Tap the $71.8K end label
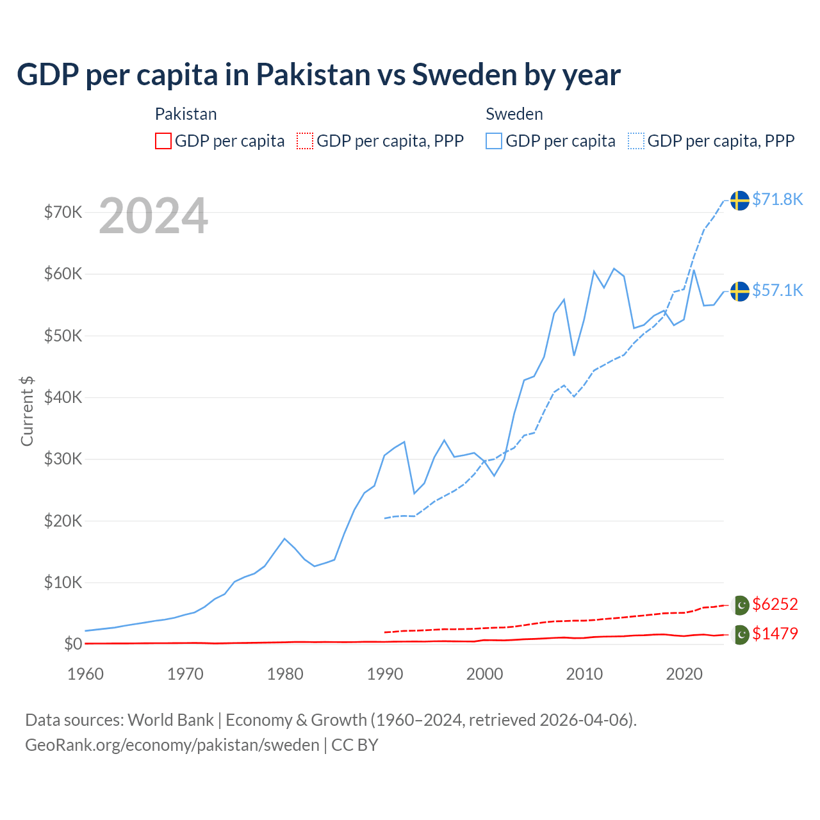pyautogui.click(x=777, y=199)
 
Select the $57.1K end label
pyautogui.click(x=777, y=290)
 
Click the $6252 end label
pyautogui.click(x=775, y=604)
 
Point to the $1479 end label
pyautogui.click(x=775, y=634)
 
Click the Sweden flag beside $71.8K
pyautogui.click(x=740, y=200)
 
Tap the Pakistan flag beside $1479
pyautogui.click(x=741, y=634)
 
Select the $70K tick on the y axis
pyautogui.click(x=63, y=212)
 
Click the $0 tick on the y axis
pyautogui.click(x=73, y=644)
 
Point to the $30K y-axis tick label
pyautogui.click(x=63, y=459)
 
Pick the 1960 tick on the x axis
pyautogui.click(x=85, y=674)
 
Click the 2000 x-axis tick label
pyautogui.click(x=484, y=674)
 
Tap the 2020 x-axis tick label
pyautogui.click(x=684, y=674)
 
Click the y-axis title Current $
pyautogui.click(x=27, y=411)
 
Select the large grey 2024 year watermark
pyautogui.click(x=153, y=216)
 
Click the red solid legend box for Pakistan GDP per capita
pyautogui.click(x=163, y=141)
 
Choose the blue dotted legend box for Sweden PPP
pyautogui.click(x=636, y=141)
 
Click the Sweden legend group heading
pyautogui.click(x=514, y=114)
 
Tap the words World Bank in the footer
pyautogui.click(x=170, y=720)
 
